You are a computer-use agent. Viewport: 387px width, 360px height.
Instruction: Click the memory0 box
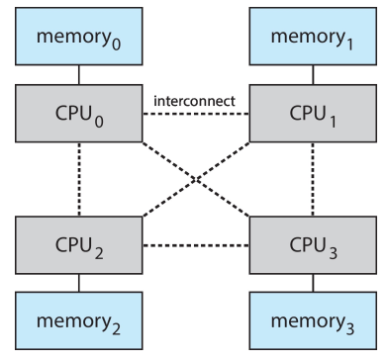79,37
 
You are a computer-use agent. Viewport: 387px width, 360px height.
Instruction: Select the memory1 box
313,37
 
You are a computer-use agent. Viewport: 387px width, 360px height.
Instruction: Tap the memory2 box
79,320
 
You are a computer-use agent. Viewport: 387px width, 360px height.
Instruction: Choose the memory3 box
313,320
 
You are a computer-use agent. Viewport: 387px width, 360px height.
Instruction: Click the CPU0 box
79,114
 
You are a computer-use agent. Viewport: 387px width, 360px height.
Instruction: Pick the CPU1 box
313,114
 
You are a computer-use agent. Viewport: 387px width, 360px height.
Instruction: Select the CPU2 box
79,245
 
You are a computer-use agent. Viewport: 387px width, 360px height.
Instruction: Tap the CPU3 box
313,245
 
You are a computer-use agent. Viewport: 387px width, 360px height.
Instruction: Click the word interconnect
195,101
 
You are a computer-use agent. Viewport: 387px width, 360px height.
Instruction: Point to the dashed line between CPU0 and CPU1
196,114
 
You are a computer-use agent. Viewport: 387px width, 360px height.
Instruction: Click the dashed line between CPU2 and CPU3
196,245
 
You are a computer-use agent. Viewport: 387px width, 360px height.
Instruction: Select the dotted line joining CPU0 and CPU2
79,179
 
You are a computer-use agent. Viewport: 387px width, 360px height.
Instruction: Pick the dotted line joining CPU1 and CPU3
313,179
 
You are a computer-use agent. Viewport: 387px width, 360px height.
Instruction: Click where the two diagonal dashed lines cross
196,180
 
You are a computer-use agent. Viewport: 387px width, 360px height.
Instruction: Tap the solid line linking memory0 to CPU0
79,75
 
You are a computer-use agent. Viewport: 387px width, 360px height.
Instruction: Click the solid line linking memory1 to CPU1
313,75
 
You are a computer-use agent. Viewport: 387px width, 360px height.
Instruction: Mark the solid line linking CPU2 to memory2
79,283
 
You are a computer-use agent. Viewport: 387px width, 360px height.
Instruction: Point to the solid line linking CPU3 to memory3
313,283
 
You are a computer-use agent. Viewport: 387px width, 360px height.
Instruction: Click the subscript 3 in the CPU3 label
333,253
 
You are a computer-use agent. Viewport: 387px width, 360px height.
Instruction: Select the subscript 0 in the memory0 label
116,44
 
